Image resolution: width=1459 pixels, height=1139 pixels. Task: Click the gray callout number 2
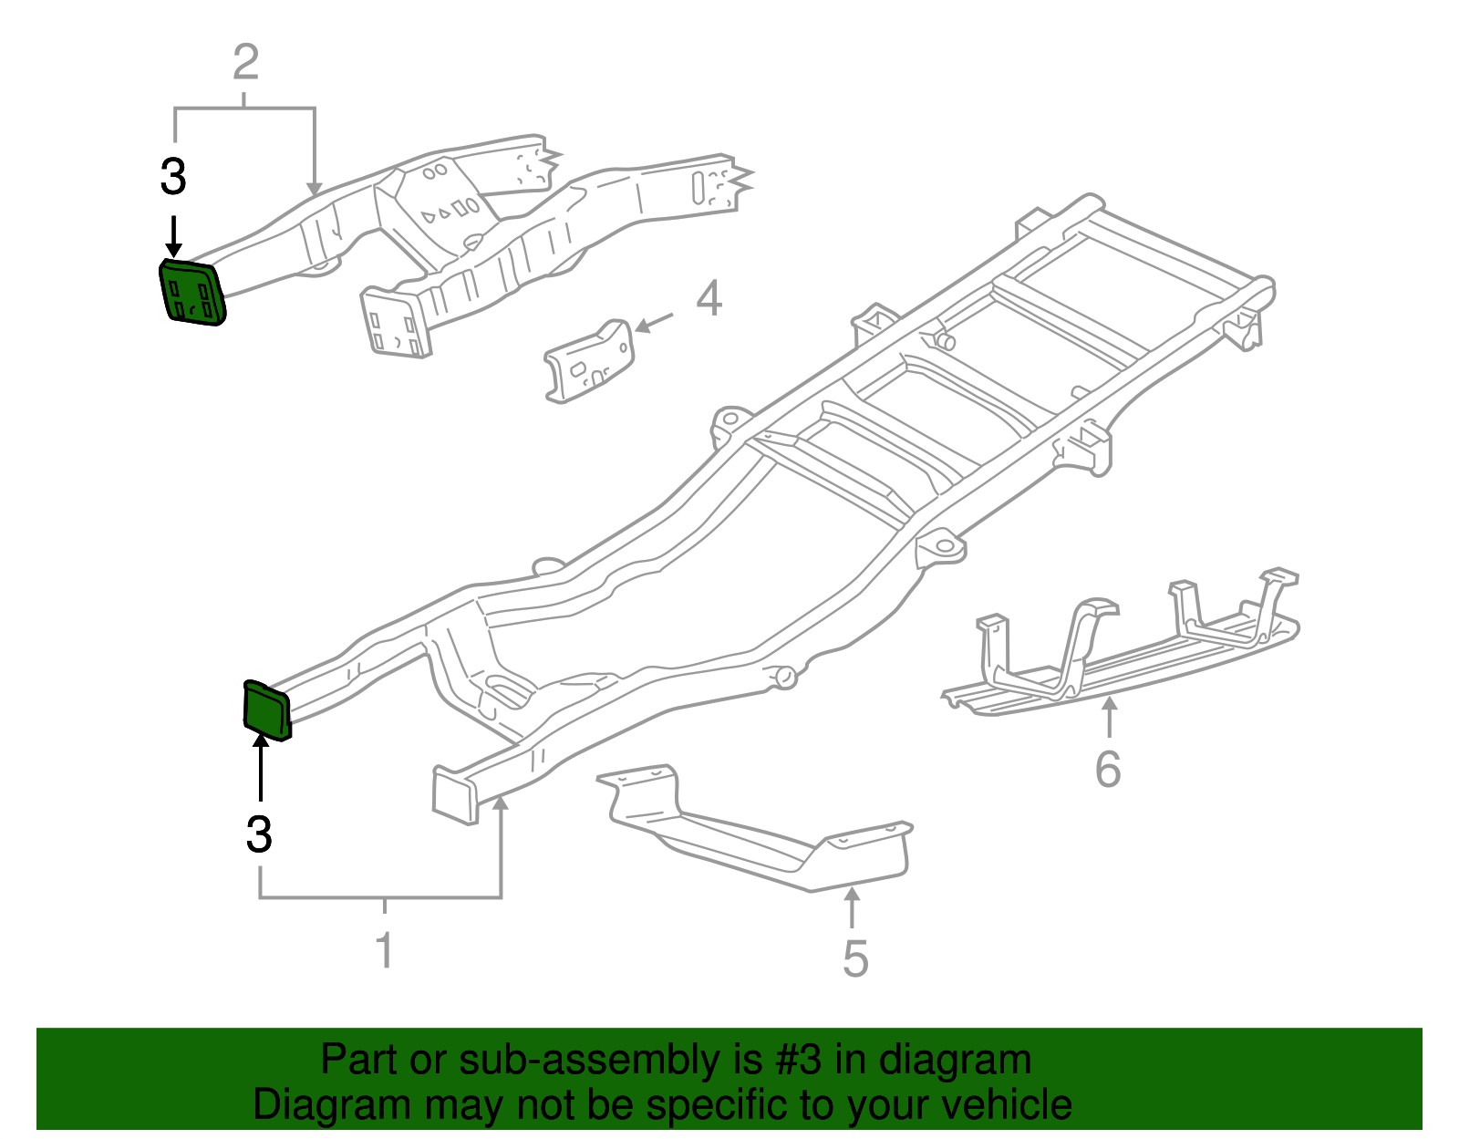tap(246, 63)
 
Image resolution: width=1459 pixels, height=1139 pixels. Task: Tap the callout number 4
tap(709, 299)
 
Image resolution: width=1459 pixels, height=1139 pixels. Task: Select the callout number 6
tap(1108, 769)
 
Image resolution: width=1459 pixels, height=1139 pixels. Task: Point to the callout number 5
tap(854, 958)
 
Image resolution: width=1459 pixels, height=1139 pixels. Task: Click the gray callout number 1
tap(385, 949)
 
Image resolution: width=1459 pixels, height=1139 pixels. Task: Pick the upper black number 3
tap(173, 177)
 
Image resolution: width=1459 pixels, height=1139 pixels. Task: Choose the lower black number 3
tap(260, 834)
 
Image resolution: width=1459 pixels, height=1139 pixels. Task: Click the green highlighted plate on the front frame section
tap(192, 293)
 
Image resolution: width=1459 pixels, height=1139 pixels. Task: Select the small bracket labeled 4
tap(588, 361)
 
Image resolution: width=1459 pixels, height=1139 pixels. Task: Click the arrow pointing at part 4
tap(653, 322)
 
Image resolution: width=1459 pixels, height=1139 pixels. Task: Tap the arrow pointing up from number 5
tap(852, 907)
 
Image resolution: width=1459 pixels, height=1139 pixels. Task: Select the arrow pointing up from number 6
tap(1109, 716)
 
